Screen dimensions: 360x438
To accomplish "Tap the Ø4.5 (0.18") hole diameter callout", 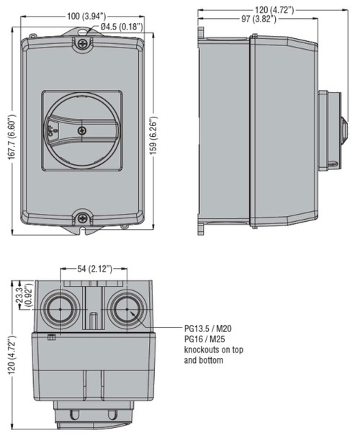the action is point(122,27).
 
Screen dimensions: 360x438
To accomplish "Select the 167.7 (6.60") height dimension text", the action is point(12,137).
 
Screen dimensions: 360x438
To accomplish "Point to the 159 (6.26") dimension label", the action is point(153,135).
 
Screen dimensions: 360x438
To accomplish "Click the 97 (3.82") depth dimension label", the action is point(258,19).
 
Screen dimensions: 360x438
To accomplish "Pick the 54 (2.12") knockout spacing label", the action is point(94,269).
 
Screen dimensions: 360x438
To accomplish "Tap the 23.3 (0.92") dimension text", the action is point(24,297).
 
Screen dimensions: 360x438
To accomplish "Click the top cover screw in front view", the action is point(82,43).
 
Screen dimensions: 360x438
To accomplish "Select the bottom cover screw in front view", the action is point(82,218).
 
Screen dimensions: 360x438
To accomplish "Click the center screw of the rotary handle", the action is point(82,130).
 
